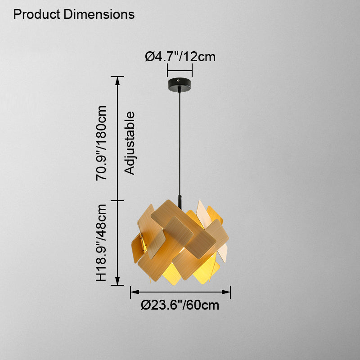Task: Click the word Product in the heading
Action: point(37,14)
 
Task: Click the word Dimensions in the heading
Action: point(99,14)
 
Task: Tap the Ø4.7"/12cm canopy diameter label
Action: point(180,57)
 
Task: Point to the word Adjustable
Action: point(130,143)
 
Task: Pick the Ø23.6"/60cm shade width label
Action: point(180,306)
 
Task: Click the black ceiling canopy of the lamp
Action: point(180,84)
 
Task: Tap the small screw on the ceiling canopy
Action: point(180,81)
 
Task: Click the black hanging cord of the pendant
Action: point(180,144)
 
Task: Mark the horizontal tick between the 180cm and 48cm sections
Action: point(118,201)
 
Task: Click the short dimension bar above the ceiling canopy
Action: point(180,70)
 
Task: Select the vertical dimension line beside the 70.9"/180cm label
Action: point(118,139)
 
